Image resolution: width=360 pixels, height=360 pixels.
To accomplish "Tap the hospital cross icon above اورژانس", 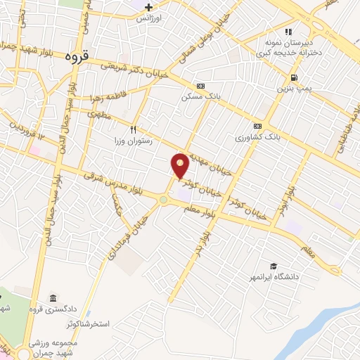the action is [x=149, y=6].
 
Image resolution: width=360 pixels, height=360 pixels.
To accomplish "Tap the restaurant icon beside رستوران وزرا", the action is [x=133, y=129].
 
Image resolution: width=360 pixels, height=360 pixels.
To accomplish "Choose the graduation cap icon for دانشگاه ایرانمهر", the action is [x=273, y=266].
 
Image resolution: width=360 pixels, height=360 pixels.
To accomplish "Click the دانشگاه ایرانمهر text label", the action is [x=300, y=276].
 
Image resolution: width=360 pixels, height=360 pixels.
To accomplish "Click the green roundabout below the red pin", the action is [x=163, y=200].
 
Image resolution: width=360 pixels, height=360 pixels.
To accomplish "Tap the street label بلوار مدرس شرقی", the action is [x=116, y=185].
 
